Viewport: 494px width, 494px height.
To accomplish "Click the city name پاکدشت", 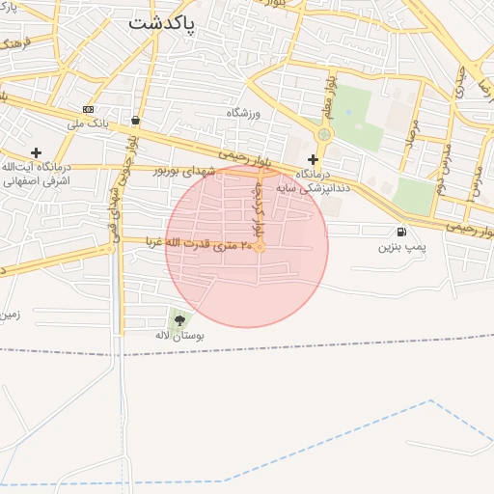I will (x=161, y=21).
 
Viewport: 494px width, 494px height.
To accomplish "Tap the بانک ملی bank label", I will (x=88, y=123).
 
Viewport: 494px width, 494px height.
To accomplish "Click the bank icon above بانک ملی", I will (x=88, y=109).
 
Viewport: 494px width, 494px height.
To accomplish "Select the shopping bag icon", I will (x=135, y=121).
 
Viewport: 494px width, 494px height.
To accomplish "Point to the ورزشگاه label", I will (x=244, y=113).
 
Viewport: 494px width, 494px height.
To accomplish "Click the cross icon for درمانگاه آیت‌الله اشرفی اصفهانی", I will (x=36, y=152).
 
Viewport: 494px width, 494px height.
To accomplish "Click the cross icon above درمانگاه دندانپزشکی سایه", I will (x=312, y=158).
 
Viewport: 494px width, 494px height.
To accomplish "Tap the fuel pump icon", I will (x=400, y=232).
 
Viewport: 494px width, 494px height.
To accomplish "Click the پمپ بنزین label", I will (x=400, y=248).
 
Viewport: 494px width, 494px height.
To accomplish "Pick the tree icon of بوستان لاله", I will (x=179, y=319).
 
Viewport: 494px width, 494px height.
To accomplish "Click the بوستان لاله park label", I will (x=179, y=335).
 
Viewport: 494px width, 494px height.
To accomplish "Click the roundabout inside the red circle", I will (x=260, y=247).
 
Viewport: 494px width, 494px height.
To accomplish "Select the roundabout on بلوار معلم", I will (x=323, y=134).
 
